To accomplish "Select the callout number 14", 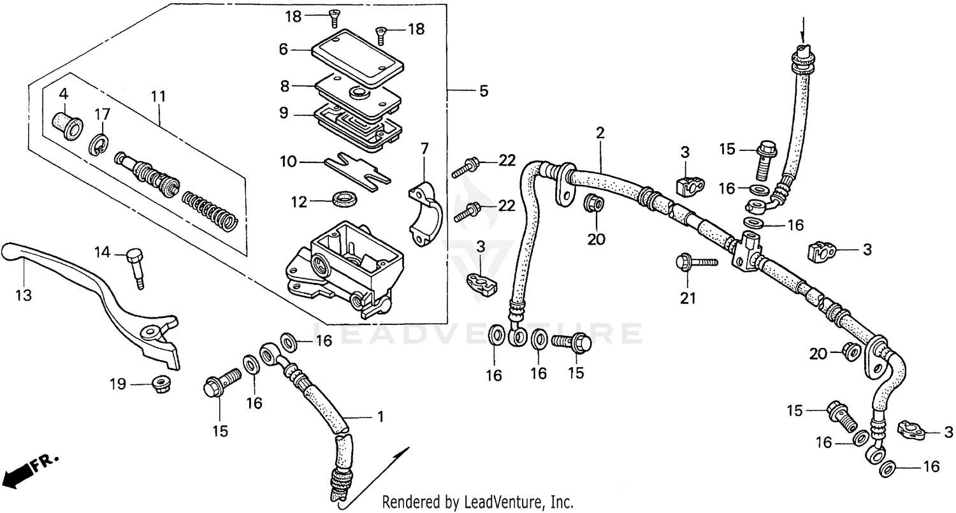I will [103, 253].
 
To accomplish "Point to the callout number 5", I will [484, 91].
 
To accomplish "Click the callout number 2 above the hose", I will [600, 133].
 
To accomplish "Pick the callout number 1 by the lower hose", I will [380, 417].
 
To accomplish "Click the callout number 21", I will [688, 298].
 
